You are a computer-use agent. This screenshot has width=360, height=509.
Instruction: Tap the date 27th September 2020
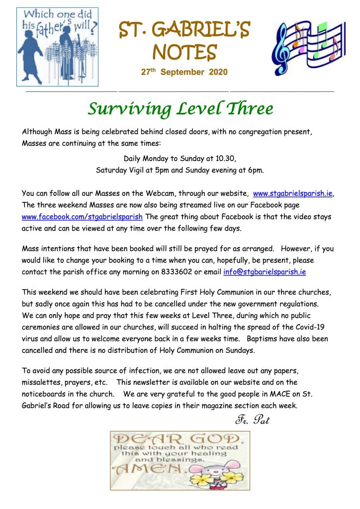pos(184,73)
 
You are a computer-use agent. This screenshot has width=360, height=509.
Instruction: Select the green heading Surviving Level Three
pos(180,108)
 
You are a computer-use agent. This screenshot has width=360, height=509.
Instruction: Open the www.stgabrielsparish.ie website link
pos(292,193)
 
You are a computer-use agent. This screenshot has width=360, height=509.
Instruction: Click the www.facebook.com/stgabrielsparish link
pos(83,217)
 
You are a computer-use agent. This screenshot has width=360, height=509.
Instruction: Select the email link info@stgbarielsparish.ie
pos(265,272)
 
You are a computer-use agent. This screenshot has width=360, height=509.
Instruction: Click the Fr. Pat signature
pos(253,420)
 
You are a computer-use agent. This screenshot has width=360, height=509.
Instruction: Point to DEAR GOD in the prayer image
pos(179,439)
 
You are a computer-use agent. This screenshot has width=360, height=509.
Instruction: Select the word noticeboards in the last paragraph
pos(47,394)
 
